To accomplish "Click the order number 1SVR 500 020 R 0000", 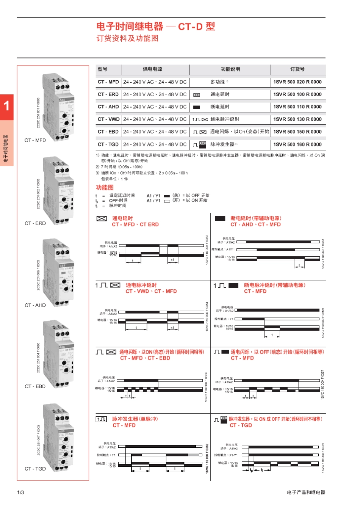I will point(297,82).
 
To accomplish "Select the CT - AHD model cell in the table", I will point(108,107).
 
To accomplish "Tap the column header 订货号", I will point(297,69).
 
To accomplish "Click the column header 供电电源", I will point(152,69).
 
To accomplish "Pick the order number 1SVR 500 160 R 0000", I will point(297,144).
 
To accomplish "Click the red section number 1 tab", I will point(7,106).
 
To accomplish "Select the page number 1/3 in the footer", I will point(20,492).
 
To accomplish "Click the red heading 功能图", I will point(105,187).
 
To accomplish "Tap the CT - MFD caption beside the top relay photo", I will point(35,140).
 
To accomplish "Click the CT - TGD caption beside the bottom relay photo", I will point(35,469).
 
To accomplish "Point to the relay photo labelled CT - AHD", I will point(59,272).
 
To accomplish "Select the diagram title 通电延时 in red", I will point(122,218).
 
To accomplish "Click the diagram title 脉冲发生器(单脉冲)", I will point(135,419).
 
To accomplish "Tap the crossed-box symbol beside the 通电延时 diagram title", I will point(102,219).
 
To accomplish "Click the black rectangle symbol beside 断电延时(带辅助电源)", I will point(220,219).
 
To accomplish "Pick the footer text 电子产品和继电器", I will point(306,492).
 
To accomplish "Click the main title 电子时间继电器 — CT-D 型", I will point(156,27).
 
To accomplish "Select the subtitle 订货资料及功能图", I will point(127,38).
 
